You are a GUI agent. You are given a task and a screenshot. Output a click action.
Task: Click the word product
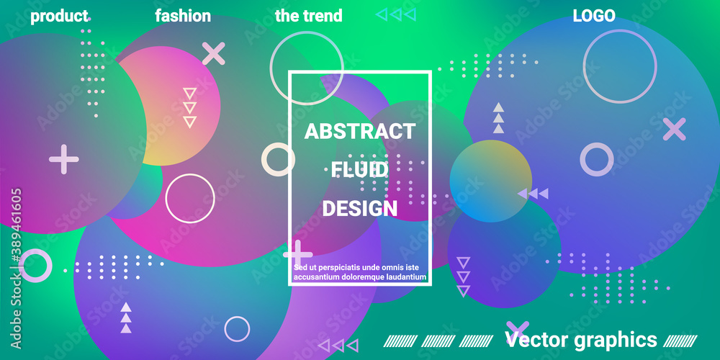[59, 17]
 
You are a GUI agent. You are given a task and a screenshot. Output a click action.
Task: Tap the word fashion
[183, 16]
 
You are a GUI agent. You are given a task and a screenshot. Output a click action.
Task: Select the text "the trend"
[309, 16]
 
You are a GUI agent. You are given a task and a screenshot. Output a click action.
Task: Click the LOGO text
[594, 16]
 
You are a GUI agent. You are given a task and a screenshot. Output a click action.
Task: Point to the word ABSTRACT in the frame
[360, 132]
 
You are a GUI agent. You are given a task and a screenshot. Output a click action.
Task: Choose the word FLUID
[360, 171]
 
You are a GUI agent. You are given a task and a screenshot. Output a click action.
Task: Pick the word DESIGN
[360, 209]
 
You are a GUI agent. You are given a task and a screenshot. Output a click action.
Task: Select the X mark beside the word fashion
[214, 53]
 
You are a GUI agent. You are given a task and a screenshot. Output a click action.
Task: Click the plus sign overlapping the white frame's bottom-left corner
[298, 254]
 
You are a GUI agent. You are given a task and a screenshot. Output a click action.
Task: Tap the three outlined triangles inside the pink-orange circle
[189, 107]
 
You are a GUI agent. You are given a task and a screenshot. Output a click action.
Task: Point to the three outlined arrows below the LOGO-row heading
[396, 14]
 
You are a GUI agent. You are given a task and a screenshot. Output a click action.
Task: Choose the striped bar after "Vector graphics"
[680, 341]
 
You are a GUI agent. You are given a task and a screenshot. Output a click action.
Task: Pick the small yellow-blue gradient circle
[491, 181]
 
